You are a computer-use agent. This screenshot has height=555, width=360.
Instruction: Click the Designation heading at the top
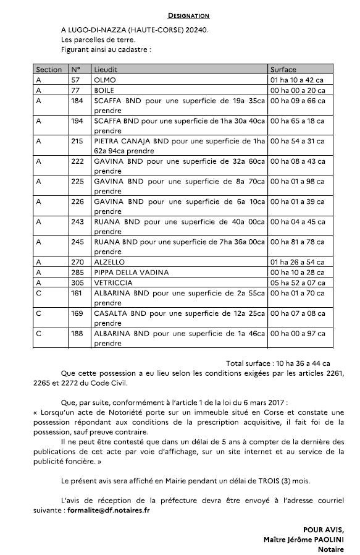pos(188,15)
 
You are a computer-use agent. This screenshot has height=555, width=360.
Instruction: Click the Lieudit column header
pos(106,70)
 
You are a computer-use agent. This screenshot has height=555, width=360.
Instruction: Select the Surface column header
pos(283,70)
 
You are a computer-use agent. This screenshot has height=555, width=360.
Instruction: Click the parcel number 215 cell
pos(77,141)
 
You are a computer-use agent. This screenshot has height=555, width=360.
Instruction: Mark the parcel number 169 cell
pos(77,313)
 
